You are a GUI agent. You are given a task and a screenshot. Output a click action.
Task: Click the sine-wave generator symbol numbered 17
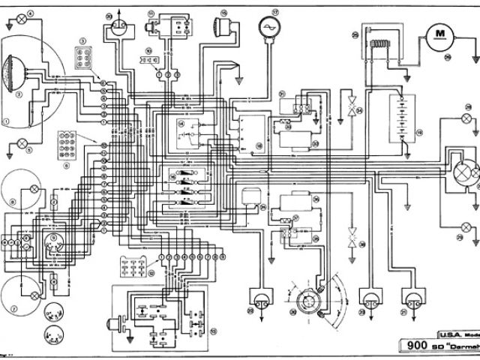click(264, 28)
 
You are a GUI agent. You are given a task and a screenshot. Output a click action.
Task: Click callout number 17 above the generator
click(274, 12)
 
